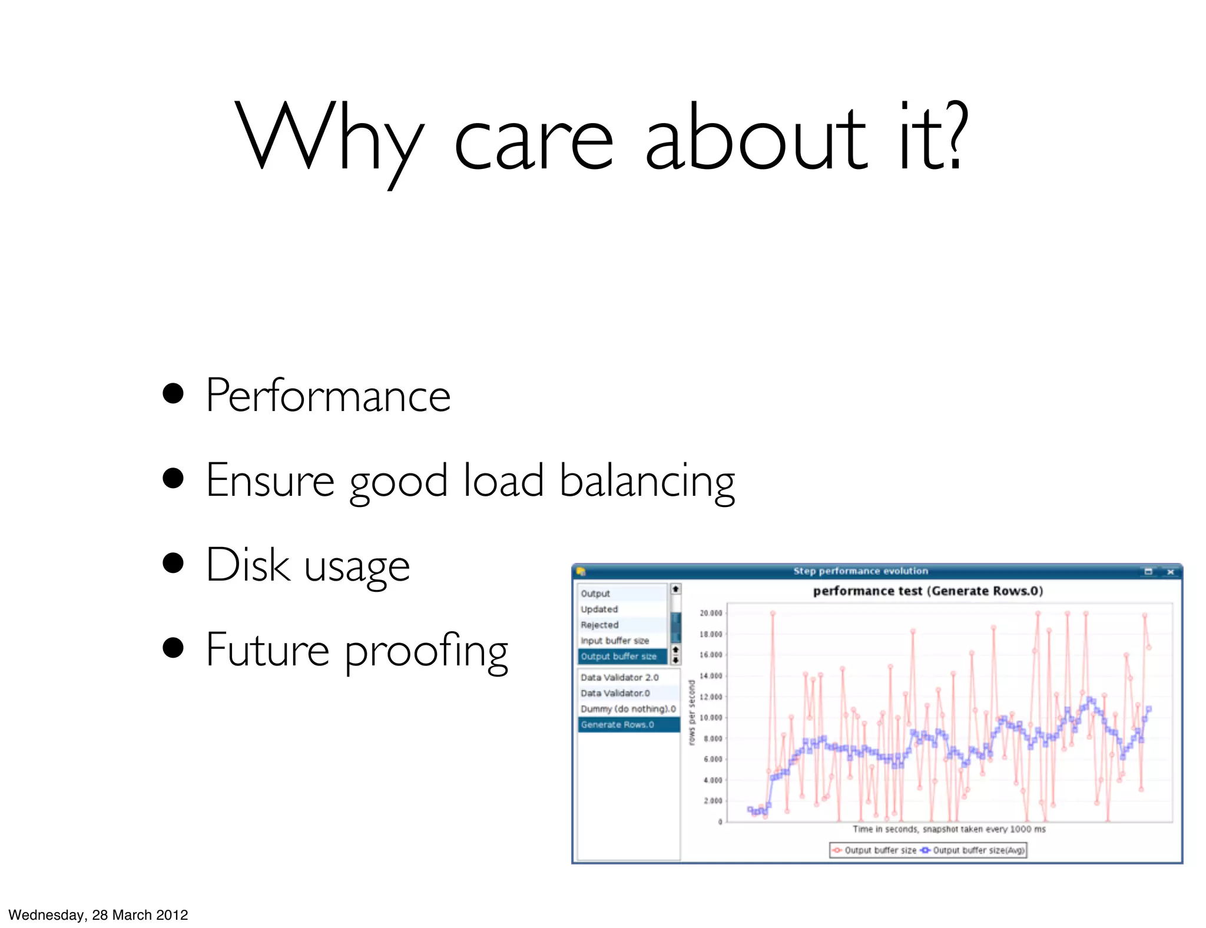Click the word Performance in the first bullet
(328, 396)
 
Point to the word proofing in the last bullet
(426, 651)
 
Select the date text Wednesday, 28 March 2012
(98, 914)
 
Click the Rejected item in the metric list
(599, 625)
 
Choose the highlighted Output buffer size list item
(618, 656)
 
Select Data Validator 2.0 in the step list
(619, 677)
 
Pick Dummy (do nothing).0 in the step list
(628, 708)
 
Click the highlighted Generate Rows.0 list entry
(617, 724)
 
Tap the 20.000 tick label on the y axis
(711, 613)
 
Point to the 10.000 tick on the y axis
(711, 717)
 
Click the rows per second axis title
(692, 712)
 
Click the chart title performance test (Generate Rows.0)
(927, 591)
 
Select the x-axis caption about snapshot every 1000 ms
(949, 829)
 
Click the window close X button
(1170, 571)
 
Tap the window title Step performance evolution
(860, 571)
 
